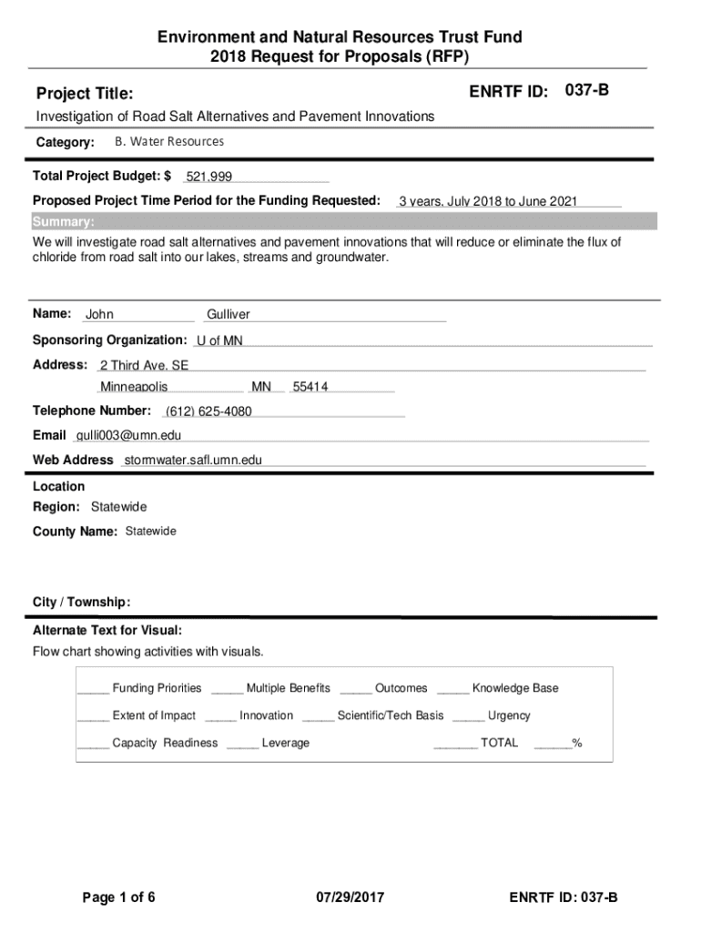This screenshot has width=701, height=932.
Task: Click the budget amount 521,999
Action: (209, 177)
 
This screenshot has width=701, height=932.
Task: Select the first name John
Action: (99, 315)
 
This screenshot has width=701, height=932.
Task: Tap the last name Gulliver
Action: (228, 315)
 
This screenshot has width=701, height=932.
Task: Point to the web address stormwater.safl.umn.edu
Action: (192, 461)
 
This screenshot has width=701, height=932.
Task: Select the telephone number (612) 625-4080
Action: (208, 411)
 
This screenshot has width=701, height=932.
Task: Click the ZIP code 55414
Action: (310, 387)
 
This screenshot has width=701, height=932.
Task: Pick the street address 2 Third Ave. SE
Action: (144, 365)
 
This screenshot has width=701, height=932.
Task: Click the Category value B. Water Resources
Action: (168, 142)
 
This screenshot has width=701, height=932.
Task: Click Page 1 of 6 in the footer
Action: (119, 898)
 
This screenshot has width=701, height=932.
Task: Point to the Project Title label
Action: (84, 94)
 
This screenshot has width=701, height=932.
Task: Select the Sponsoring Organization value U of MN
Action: (220, 340)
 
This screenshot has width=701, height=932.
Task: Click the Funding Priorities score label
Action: (157, 688)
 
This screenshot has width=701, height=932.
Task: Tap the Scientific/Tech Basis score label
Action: (391, 715)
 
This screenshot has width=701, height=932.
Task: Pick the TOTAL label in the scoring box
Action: (499, 743)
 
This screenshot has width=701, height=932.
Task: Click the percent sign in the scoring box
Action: (577, 743)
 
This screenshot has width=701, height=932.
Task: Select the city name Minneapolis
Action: (134, 387)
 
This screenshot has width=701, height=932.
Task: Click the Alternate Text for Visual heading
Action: (107, 630)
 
